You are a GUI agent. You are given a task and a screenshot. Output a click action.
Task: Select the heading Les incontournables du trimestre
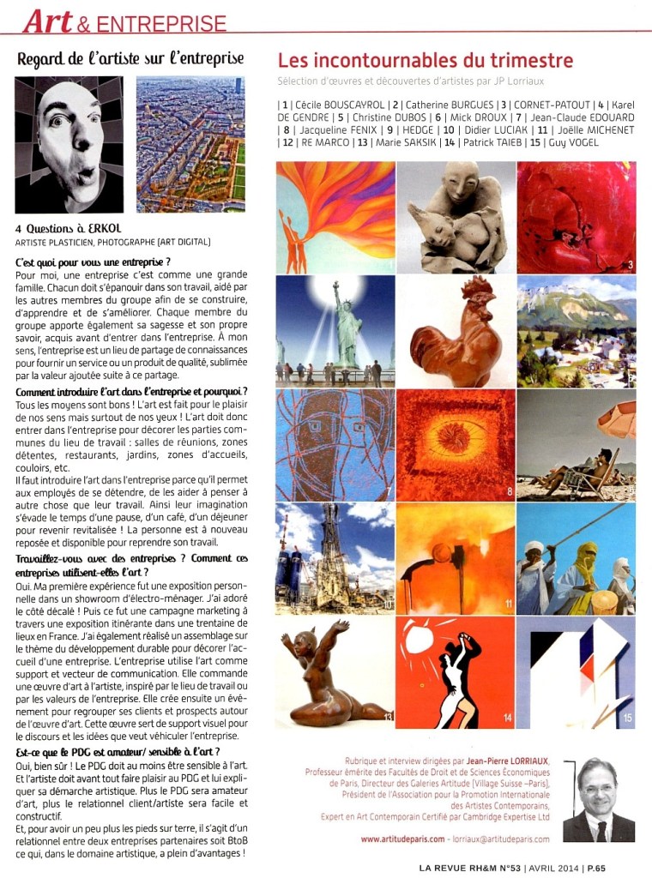coord(425,61)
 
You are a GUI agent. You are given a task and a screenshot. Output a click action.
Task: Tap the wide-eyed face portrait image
coord(69,145)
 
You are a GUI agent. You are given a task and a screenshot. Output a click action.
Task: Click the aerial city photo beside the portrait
coord(190,145)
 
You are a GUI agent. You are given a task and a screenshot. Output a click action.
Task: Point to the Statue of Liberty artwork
coord(335,331)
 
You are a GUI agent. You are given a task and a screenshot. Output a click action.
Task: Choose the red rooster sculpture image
coord(456,331)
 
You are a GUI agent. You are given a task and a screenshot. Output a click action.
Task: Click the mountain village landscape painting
coord(576,331)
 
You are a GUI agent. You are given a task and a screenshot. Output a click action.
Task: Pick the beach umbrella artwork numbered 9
coord(576,445)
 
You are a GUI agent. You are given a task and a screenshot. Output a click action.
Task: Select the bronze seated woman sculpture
coord(335,671)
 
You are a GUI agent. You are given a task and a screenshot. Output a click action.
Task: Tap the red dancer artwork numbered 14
coord(456,671)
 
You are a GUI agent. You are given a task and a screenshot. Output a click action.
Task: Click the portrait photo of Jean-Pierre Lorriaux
coord(599,800)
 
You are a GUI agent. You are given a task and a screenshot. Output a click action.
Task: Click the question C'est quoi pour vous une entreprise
coord(93,261)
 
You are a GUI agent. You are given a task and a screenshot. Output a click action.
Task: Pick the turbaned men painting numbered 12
coord(576,558)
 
